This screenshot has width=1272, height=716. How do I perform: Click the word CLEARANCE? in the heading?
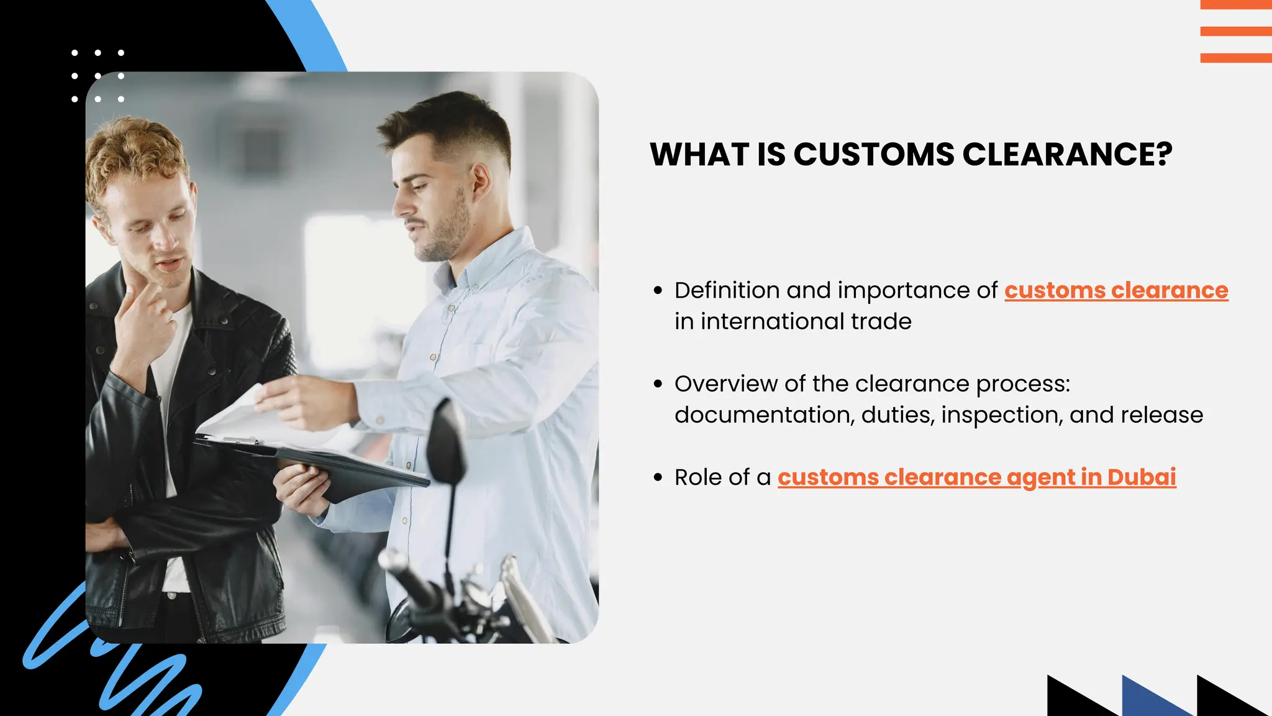point(1067,154)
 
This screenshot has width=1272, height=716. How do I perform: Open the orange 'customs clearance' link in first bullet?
point(1116,290)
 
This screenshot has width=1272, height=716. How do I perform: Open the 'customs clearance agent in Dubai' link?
point(976,477)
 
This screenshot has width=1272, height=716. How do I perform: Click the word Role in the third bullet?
point(698,477)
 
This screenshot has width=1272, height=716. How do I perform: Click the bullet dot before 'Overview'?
point(658,384)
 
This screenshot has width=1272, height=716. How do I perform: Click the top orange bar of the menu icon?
point(1236,4)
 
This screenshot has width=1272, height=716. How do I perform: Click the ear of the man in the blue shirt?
point(480,180)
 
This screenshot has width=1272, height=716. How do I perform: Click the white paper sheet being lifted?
point(242,416)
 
